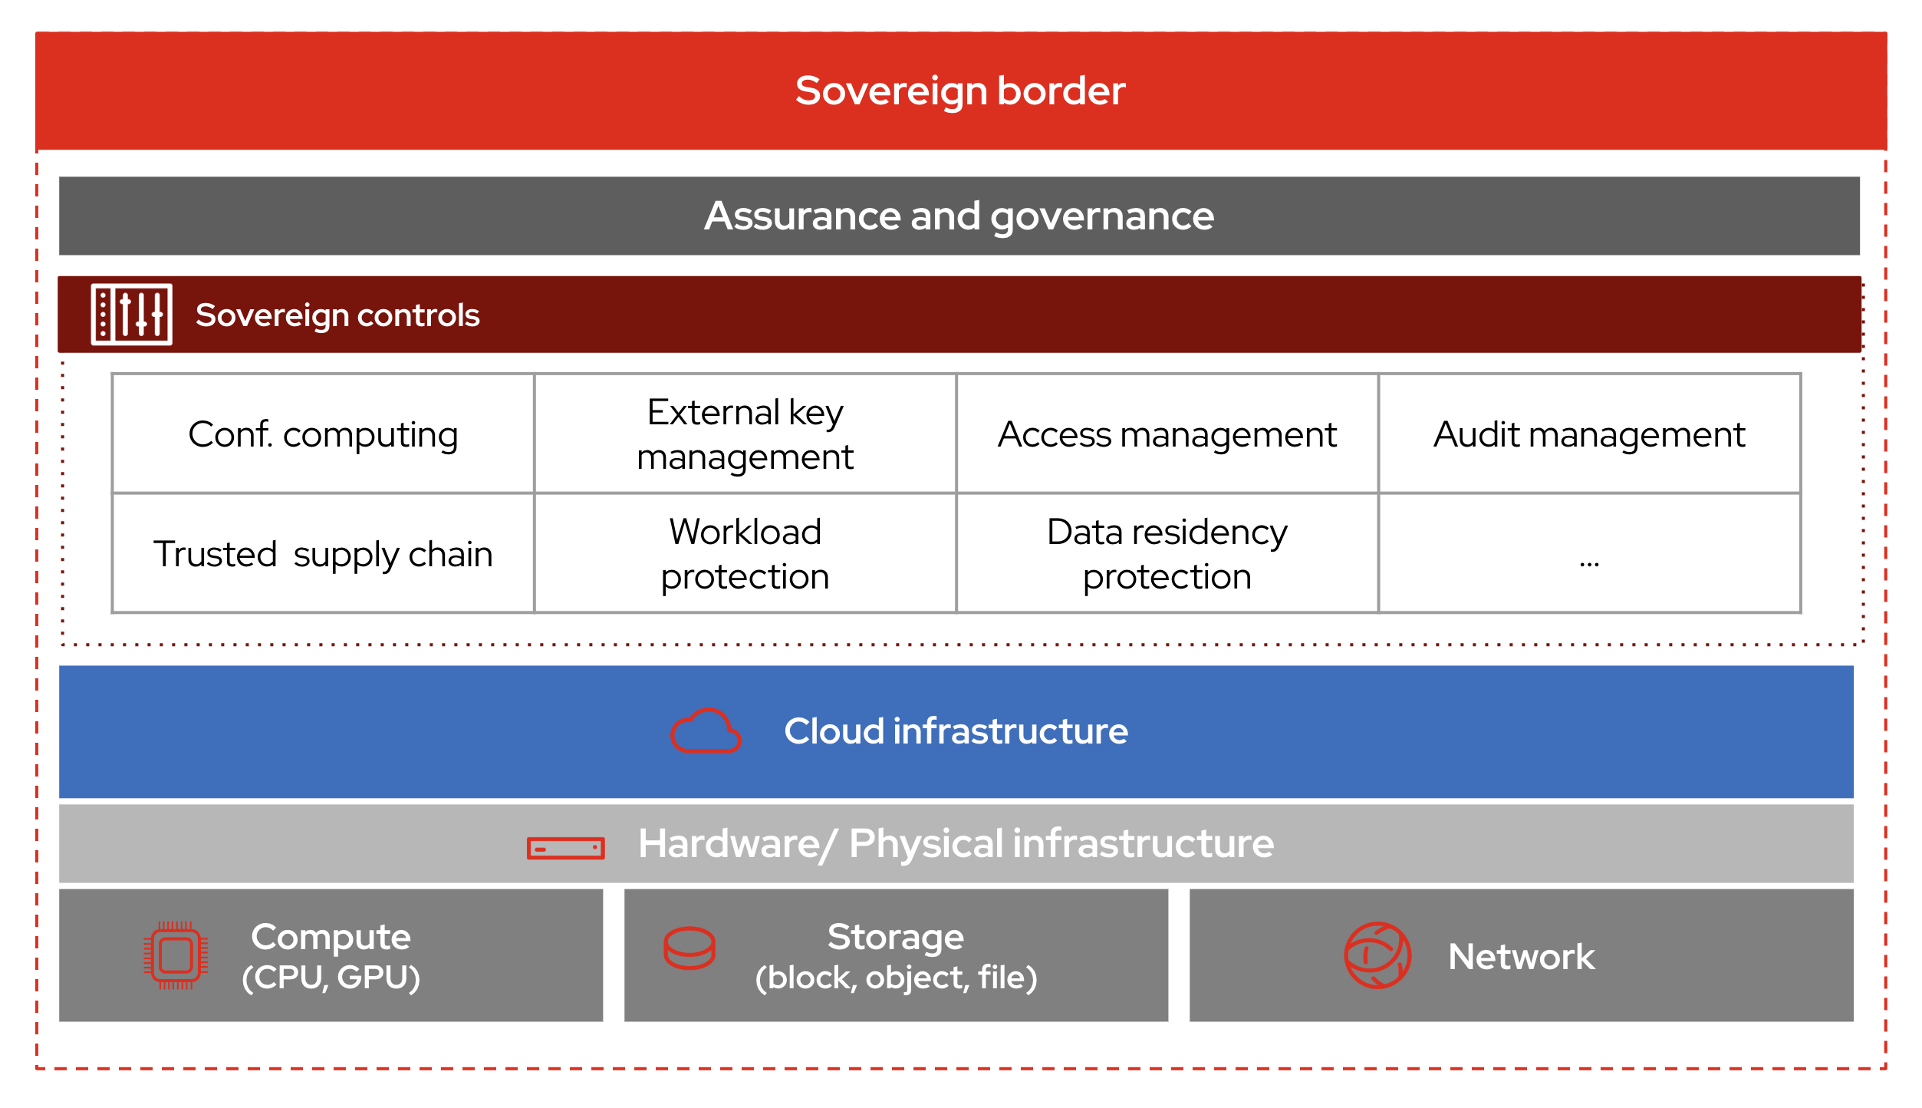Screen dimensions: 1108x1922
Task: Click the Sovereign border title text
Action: (x=959, y=91)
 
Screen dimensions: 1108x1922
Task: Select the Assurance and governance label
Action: (x=959, y=216)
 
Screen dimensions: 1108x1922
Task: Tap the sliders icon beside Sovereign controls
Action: (x=131, y=315)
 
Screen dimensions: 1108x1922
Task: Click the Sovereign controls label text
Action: (x=337, y=315)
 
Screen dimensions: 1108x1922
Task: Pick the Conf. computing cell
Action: (x=323, y=434)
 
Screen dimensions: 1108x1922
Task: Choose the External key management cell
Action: (x=745, y=434)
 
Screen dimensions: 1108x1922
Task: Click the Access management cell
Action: (x=1167, y=434)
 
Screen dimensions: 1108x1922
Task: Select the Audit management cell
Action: (x=1588, y=434)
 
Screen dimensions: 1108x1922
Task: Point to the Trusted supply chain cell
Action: (x=323, y=553)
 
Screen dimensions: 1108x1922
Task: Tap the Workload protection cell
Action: (x=745, y=553)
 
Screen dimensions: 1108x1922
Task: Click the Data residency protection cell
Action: (x=1167, y=553)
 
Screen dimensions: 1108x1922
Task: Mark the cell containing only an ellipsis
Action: (x=1588, y=553)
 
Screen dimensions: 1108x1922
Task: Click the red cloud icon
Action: (x=706, y=731)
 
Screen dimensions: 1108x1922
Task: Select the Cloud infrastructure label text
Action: (x=956, y=731)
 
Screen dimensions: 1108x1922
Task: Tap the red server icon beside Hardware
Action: (x=565, y=848)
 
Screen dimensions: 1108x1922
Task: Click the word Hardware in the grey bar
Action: (x=729, y=844)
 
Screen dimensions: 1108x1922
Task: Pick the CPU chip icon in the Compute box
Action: (x=176, y=955)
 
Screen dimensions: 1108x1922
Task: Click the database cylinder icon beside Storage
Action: (x=689, y=948)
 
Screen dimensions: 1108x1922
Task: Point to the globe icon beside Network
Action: (x=1377, y=955)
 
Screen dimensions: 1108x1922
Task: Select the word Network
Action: (x=1521, y=957)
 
